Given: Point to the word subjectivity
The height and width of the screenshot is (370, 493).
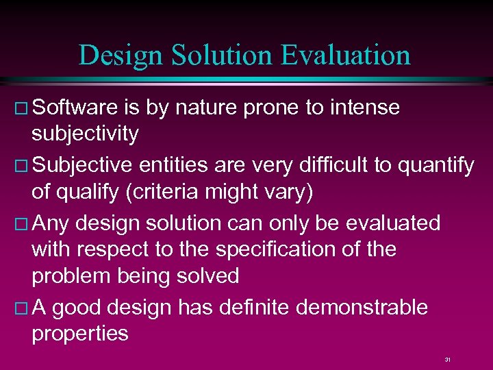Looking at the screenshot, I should [85, 134].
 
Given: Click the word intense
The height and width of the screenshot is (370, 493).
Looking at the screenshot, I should [365, 108].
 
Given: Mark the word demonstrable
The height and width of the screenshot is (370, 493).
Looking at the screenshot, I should [356, 308].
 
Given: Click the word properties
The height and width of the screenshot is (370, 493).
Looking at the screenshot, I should [80, 334].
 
